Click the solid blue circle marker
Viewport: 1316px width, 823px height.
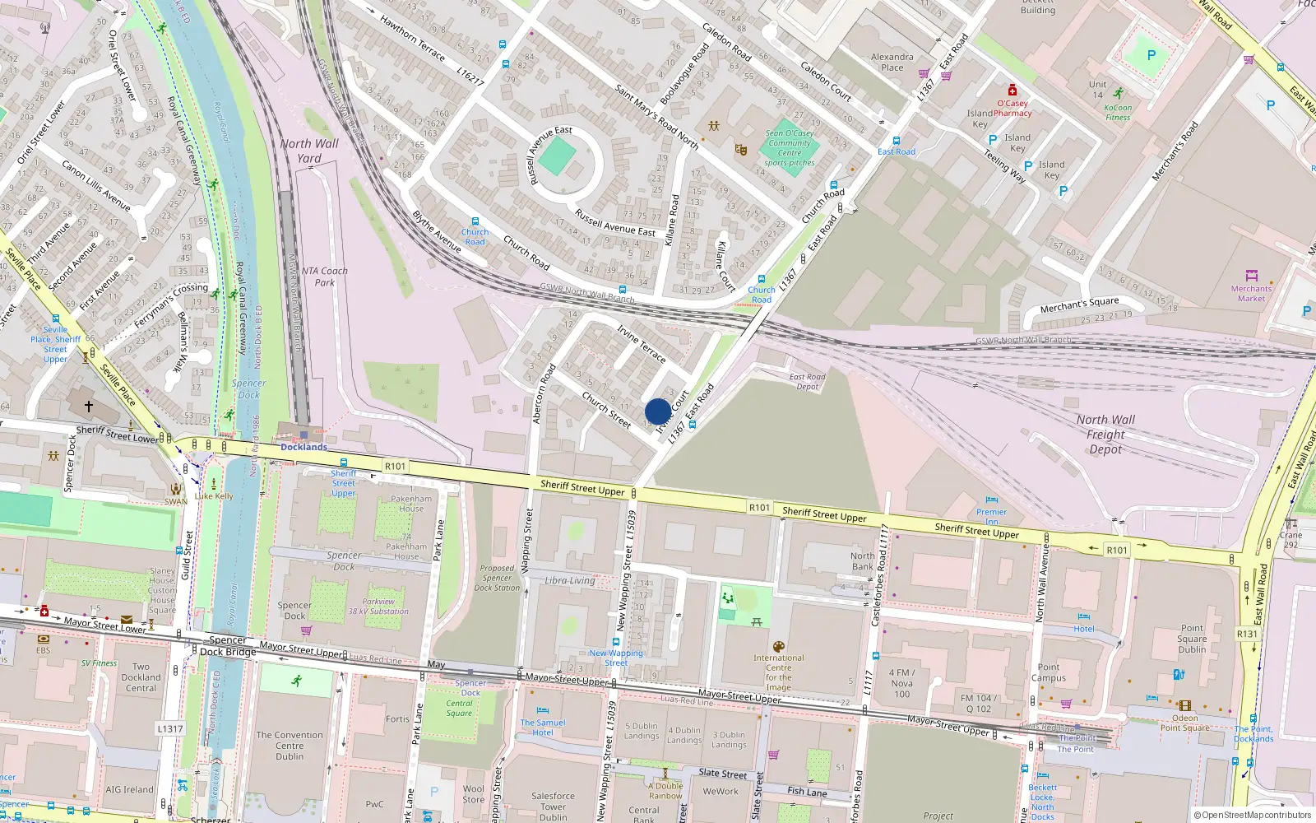(658, 411)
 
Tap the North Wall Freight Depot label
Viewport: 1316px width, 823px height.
(1105, 434)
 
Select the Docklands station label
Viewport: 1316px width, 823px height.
(304, 447)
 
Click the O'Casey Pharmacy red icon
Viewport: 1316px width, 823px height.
(1012, 91)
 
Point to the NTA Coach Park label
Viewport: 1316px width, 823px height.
(324, 277)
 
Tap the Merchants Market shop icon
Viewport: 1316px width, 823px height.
(1252, 276)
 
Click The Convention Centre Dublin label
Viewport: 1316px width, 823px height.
(290, 746)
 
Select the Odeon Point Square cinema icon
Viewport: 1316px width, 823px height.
(1184, 705)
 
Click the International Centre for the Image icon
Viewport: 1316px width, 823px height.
(779, 647)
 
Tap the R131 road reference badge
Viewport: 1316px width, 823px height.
(1247, 634)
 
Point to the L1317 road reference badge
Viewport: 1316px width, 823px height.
(170, 728)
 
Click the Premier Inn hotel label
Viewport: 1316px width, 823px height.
(991, 516)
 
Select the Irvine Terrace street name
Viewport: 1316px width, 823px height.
(642, 344)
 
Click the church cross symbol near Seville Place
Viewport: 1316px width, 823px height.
(89, 407)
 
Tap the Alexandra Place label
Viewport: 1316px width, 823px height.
(892, 63)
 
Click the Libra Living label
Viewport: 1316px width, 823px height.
(570, 580)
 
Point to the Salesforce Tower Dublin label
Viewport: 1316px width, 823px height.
(553, 806)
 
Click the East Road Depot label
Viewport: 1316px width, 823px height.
(807, 382)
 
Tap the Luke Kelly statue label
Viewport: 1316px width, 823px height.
(215, 496)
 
